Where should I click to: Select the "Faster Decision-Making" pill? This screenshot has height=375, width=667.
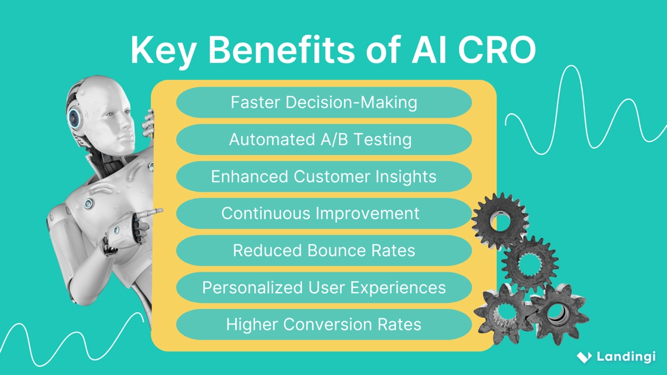click(x=323, y=102)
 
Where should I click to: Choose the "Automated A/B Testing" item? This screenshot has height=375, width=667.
click(x=323, y=139)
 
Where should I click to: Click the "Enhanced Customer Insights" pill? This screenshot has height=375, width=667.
click(x=323, y=177)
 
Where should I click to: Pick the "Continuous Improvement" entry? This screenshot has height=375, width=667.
click(x=323, y=213)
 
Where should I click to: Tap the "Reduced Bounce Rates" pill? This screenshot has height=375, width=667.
click(x=323, y=251)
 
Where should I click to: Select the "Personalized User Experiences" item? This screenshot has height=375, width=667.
click(x=323, y=288)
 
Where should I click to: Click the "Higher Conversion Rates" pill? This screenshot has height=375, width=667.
click(x=323, y=324)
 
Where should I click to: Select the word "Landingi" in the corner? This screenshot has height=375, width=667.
click(x=626, y=357)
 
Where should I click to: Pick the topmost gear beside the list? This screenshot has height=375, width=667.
click(x=500, y=220)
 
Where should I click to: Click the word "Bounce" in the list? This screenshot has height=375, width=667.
click(x=337, y=251)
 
